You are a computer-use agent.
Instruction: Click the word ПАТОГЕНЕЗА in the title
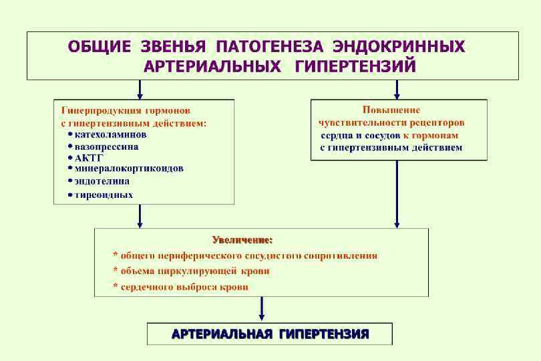click(270, 47)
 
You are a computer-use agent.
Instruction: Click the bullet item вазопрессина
click(107, 146)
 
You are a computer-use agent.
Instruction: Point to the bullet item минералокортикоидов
click(129, 168)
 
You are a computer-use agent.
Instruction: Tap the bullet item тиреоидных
click(104, 195)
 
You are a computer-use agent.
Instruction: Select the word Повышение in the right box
click(391, 110)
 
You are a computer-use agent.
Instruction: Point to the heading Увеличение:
click(242, 239)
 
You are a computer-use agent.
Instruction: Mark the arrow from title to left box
click(140, 90)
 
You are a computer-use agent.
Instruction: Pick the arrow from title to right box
click(397, 90)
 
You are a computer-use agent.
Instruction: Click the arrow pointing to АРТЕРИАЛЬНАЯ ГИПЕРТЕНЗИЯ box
click(262, 309)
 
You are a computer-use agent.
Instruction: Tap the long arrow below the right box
click(397, 194)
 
